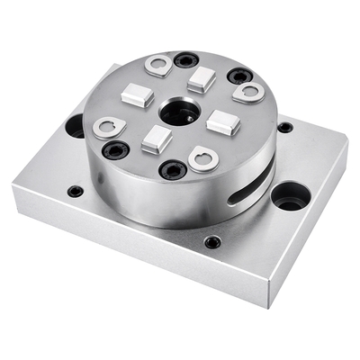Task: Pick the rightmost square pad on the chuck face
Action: (x=221, y=120)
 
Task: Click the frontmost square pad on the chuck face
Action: (x=156, y=139)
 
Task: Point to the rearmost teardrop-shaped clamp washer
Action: (x=160, y=65)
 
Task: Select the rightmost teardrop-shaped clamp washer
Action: (x=247, y=92)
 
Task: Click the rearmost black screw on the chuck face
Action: (x=186, y=60)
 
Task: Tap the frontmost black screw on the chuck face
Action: (x=173, y=168)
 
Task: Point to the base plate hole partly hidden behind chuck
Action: (x=76, y=126)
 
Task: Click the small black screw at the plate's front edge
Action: (x=211, y=242)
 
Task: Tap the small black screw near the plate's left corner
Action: (x=76, y=191)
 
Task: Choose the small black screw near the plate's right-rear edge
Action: (x=284, y=127)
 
